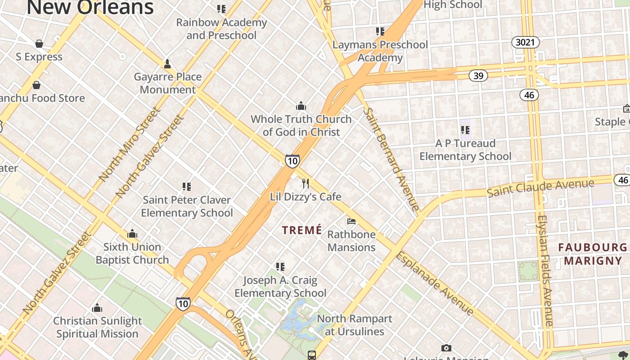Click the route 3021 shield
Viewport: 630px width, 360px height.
[x=525, y=42]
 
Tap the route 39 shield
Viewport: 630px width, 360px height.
[x=478, y=76]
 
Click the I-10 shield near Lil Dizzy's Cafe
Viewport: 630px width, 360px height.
[x=292, y=161]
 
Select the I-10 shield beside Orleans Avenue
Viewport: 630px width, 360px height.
[x=183, y=304]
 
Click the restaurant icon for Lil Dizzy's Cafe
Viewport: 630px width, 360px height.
[x=306, y=183]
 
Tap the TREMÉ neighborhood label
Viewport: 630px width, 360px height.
[x=302, y=230]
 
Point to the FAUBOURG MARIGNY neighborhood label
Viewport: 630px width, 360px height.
[x=593, y=254]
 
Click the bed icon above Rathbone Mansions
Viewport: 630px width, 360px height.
[x=351, y=221]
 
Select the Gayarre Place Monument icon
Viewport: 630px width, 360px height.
[x=167, y=64]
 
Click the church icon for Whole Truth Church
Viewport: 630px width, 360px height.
[x=301, y=106]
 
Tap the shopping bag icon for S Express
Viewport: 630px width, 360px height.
[x=39, y=44]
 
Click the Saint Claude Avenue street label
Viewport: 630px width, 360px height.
[x=540, y=188]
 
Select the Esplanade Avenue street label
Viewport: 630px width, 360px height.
[x=434, y=283]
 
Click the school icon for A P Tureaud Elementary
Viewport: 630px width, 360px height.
[x=465, y=130]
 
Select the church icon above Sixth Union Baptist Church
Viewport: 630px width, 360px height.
[x=132, y=234]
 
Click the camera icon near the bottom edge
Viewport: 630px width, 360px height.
[x=446, y=348]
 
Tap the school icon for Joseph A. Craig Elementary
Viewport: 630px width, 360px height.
[x=280, y=267]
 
